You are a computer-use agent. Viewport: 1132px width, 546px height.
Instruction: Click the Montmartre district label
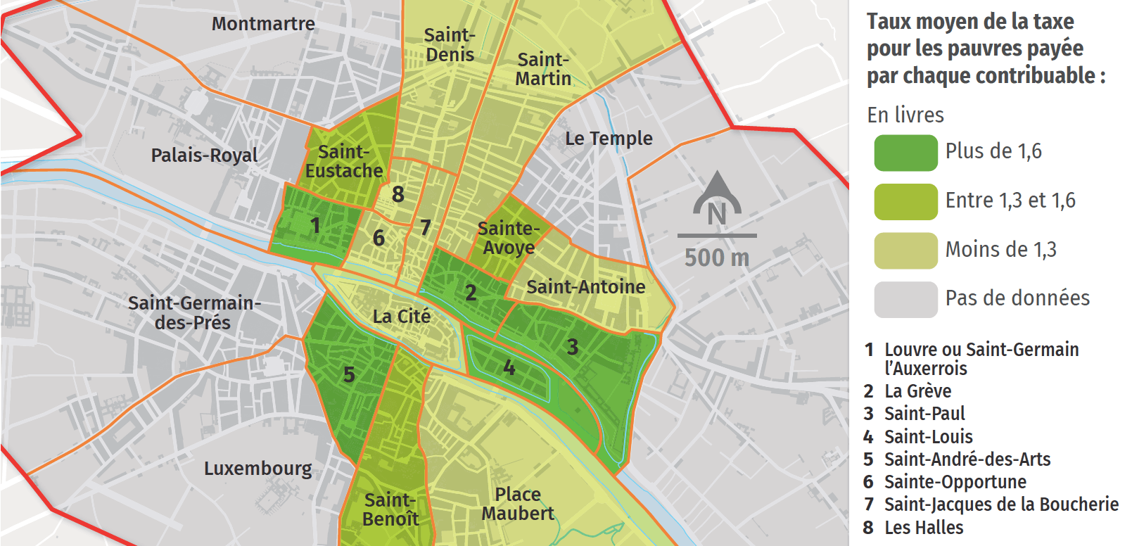pyautogui.click(x=263, y=24)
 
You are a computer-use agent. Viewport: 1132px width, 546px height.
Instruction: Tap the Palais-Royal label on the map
pyautogui.click(x=204, y=155)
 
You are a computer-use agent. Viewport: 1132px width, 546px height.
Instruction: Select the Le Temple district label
pyautogui.click(x=609, y=139)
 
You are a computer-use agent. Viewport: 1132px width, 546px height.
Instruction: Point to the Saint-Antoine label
pyautogui.click(x=585, y=287)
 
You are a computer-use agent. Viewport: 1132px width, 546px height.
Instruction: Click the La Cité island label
pyautogui.click(x=401, y=317)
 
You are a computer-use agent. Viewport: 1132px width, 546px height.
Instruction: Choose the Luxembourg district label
pyautogui.click(x=257, y=469)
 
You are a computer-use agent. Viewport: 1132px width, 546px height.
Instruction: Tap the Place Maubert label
pyautogui.click(x=518, y=504)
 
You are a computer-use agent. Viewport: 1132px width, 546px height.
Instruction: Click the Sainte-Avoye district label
pyautogui.click(x=508, y=238)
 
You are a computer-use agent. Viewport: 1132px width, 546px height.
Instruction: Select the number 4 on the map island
pyautogui.click(x=509, y=368)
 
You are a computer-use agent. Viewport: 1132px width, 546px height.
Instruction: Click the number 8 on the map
pyautogui.click(x=398, y=194)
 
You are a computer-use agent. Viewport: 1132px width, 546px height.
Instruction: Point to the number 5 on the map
pyautogui.click(x=349, y=375)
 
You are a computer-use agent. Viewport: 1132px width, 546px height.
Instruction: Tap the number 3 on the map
pyautogui.click(x=573, y=347)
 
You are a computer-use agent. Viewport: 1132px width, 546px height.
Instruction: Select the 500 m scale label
pyautogui.click(x=717, y=258)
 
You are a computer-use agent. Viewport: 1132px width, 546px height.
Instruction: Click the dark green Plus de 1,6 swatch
pyautogui.click(x=905, y=153)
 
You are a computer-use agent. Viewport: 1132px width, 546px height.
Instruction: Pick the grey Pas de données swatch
pyautogui.click(x=905, y=300)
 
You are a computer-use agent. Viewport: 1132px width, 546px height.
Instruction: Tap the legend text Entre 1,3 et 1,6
pyautogui.click(x=1010, y=201)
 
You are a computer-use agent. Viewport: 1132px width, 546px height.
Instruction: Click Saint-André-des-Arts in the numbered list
pyautogui.click(x=967, y=459)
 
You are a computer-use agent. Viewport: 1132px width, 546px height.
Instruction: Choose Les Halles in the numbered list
pyautogui.click(x=923, y=528)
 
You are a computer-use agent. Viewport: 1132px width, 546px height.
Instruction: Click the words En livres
pyautogui.click(x=905, y=115)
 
